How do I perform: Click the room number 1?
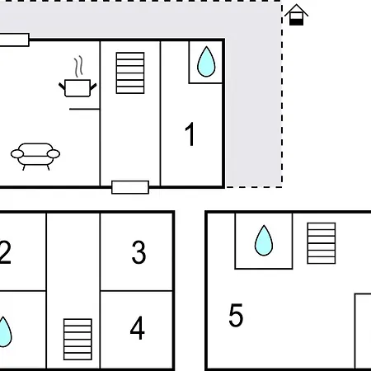[x=190, y=134]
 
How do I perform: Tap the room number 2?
[x=5, y=252]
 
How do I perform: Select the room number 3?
[x=139, y=252]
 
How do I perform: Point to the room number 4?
[x=138, y=327]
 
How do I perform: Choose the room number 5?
[x=236, y=315]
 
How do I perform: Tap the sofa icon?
[x=35, y=157]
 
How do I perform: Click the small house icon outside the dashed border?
[x=296, y=15]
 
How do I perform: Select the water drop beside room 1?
[x=206, y=62]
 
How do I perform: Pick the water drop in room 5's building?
[x=264, y=241]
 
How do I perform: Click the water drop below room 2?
[x=4, y=332]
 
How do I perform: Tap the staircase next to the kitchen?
[x=130, y=73]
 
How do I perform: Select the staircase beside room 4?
[x=77, y=340]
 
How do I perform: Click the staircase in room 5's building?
[x=322, y=243]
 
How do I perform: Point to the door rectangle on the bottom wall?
[x=130, y=187]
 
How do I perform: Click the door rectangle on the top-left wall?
[x=15, y=40]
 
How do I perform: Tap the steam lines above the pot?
[x=78, y=66]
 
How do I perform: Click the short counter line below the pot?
[x=84, y=109]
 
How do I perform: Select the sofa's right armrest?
[x=54, y=154]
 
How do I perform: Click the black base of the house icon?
[x=297, y=22]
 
